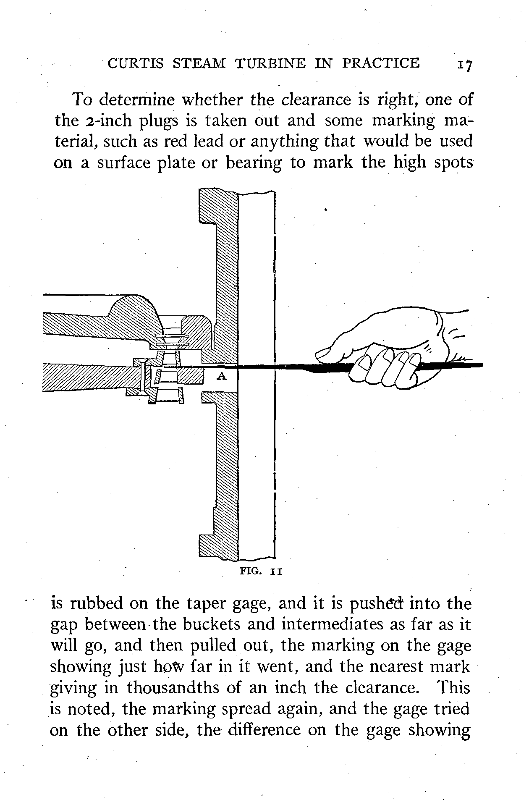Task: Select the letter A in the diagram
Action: tap(221, 377)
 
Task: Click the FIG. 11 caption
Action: tap(261, 571)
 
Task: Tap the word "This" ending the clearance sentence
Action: tap(454, 688)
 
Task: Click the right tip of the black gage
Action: tap(481, 365)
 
